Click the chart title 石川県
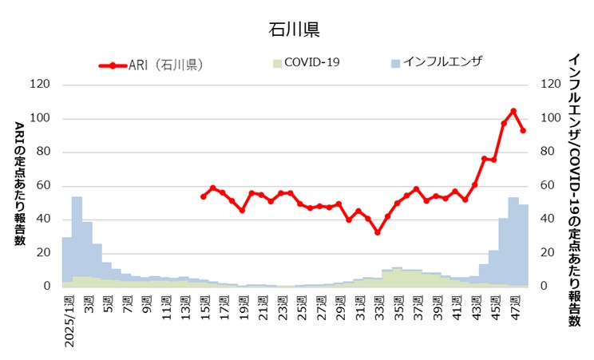(295, 30)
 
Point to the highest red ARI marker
(513, 111)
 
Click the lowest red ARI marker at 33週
(378, 232)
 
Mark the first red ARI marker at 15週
(203, 196)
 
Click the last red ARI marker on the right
(524, 130)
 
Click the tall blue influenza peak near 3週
(77, 239)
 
